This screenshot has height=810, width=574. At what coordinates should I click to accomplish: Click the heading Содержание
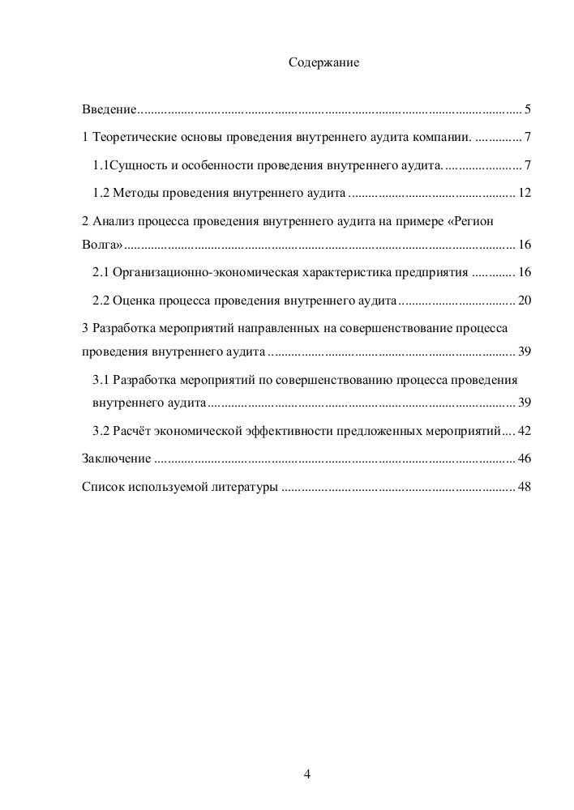coord(323,62)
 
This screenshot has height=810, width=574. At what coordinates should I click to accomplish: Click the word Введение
coord(109,109)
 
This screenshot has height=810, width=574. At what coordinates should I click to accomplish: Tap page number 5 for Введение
coord(527,109)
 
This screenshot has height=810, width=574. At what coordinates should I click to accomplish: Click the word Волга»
coord(103,245)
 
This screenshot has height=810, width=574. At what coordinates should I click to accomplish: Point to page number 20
coord(524,301)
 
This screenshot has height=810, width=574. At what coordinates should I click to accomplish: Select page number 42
coord(524,431)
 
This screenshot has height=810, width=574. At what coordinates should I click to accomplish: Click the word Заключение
coord(117,458)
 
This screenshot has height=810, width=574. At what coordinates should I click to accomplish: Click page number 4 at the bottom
coord(307,773)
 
